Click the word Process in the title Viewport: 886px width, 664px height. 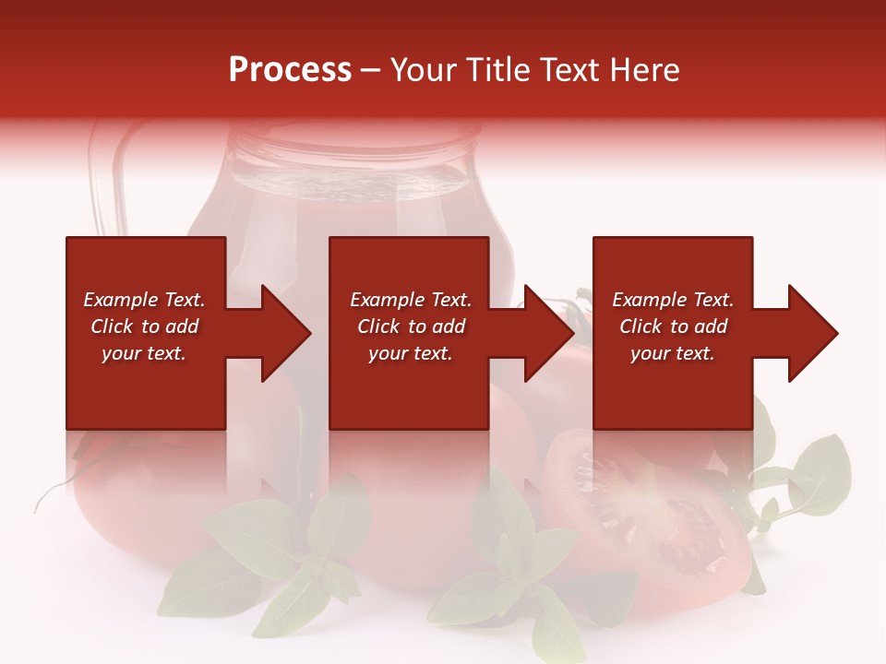[290, 70]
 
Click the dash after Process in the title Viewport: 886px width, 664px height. [371, 71]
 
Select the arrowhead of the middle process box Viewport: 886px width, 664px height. [548, 333]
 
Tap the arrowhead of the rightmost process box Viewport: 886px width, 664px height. [812, 333]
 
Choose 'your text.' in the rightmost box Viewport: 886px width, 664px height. [672, 353]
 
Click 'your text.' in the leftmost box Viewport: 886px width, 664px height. [144, 353]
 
